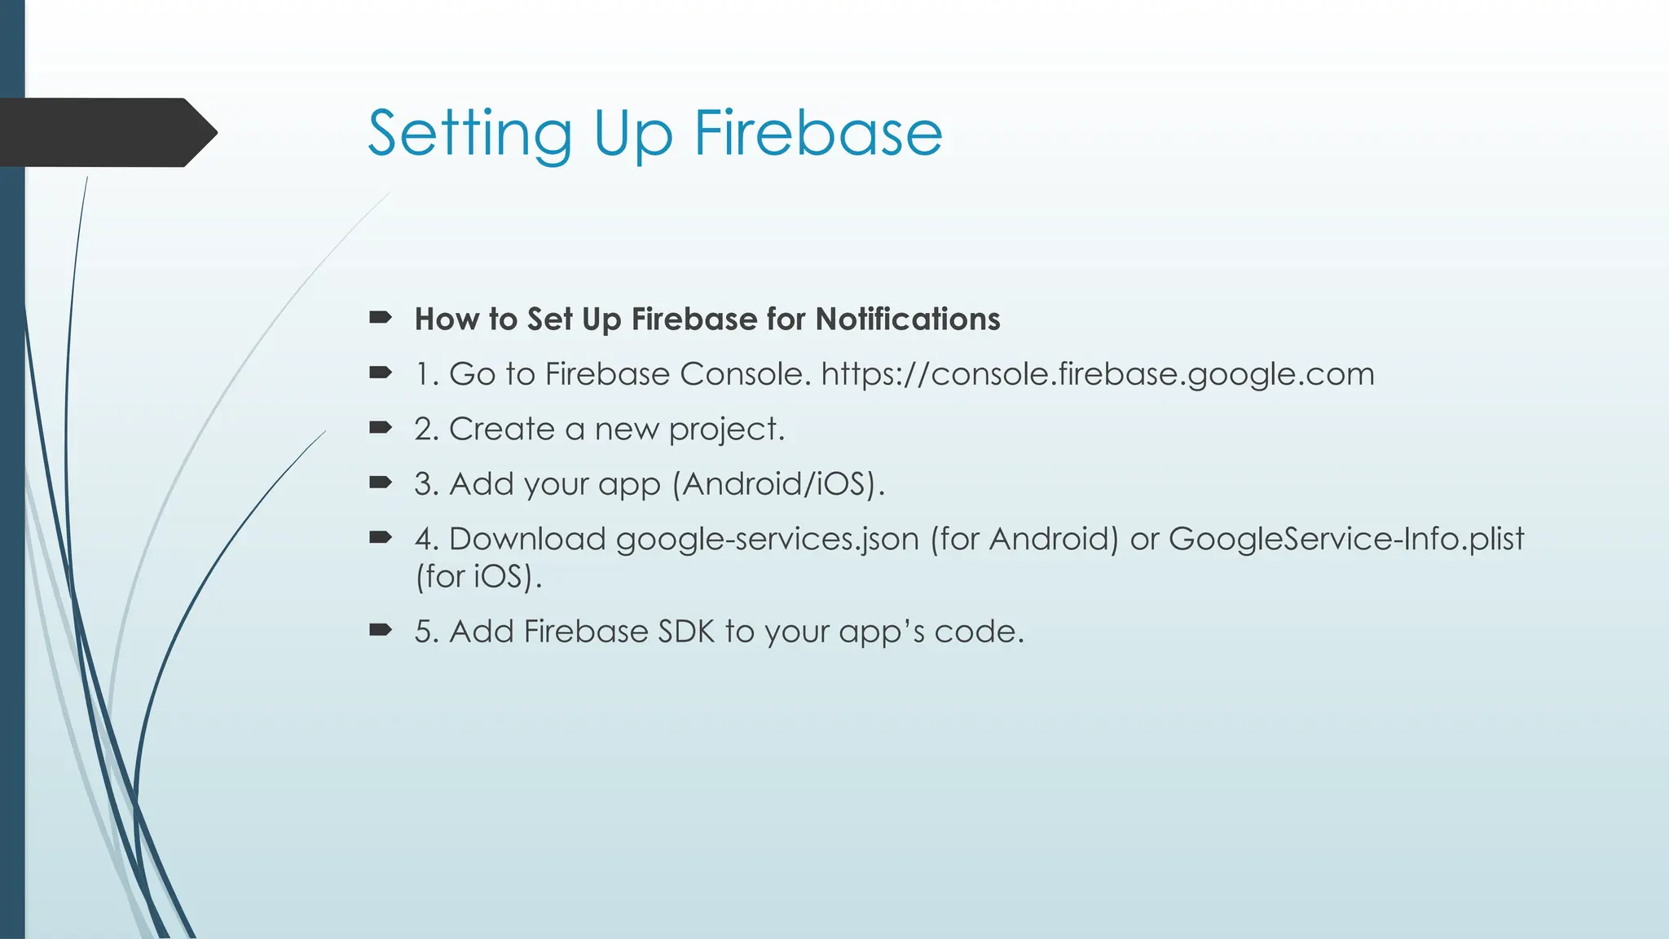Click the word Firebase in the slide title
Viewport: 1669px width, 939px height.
pyautogui.click(x=817, y=133)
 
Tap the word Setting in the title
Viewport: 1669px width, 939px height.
pyautogui.click(x=469, y=133)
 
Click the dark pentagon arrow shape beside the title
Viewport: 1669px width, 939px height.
pyautogui.click(x=106, y=133)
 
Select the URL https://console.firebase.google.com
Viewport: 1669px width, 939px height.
pyautogui.click(x=1097, y=374)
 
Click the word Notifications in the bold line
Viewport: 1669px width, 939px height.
pyautogui.click(x=907, y=319)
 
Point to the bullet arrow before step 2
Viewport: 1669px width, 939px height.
pyautogui.click(x=381, y=428)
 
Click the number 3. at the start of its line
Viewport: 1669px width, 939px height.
pyautogui.click(x=426, y=484)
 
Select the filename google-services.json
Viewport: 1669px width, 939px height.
pyautogui.click(x=767, y=540)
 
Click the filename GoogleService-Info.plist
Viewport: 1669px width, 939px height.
pyautogui.click(x=1345, y=539)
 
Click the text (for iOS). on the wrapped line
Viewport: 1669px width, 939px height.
pyautogui.click(x=478, y=577)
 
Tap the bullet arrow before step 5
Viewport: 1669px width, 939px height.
pyautogui.click(x=381, y=630)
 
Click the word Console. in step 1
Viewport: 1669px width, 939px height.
pyautogui.click(x=745, y=374)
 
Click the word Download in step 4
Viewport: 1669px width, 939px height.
pyautogui.click(x=527, y=540)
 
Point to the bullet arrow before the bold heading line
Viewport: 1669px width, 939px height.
pyautogui.click(x=381, y=318)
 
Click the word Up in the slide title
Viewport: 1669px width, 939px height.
pyautogui.click(x=633, y=134)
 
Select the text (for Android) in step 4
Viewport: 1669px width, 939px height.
pyautogui.click(x=1024, y=540)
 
